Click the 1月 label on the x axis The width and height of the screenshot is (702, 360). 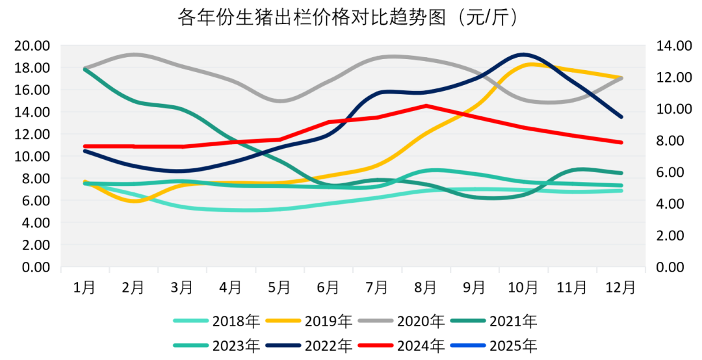[x=84, y=287]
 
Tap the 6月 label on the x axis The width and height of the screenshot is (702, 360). [x=328, y=287]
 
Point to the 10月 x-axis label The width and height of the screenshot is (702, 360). [x=523, y=287]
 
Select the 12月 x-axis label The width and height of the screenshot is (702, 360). [x=621, y=287]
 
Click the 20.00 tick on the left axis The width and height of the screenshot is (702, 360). [x=32, y=45]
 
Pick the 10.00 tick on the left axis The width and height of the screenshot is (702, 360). [x=32, y=156]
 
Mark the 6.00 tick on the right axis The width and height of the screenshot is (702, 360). [x=669, y=172]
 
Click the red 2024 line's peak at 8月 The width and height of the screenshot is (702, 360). [x=426, y=105]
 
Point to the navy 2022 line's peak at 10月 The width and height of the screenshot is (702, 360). [x=523, y=54]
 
